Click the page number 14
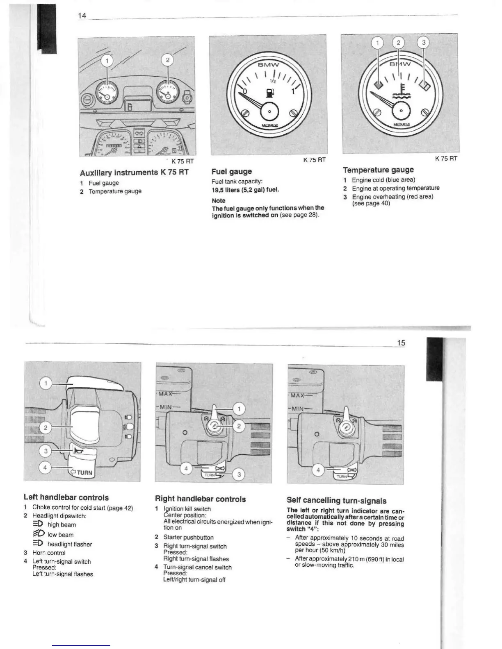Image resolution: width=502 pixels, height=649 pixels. point(82,16)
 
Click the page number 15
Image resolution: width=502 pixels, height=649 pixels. point(401,343)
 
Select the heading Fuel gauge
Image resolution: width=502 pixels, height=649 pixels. point(232,171)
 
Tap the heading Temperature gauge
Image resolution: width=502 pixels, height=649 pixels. point(378,170)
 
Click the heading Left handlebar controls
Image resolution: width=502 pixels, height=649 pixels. point(66,497)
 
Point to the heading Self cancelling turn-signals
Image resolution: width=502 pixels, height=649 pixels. point(336,500)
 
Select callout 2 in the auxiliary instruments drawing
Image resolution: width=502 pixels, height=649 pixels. point(167,60)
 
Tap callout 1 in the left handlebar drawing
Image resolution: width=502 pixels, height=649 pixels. point(46,383)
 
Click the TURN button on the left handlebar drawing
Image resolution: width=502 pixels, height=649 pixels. point(83,472)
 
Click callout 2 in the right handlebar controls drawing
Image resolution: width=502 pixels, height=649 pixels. point(239,426)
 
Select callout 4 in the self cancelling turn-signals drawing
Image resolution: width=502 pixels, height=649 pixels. point(318,470)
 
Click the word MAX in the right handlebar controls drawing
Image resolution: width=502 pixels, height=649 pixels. point(165,393)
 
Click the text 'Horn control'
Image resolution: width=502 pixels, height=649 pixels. point(49,553)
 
